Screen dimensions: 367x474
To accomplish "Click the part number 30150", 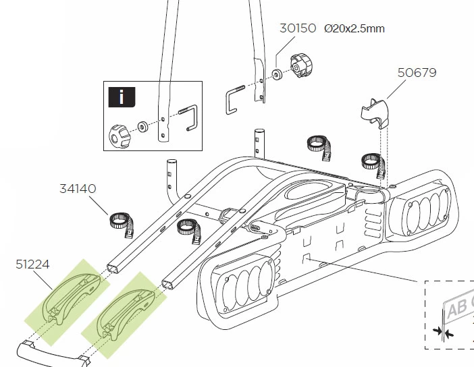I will [x=298, y=29].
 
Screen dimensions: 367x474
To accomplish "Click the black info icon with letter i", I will [x=122, y=96].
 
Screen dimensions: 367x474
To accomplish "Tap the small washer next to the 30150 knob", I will [x=278, y=74].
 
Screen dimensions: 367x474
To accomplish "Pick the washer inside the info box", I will [x=143, y=126].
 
